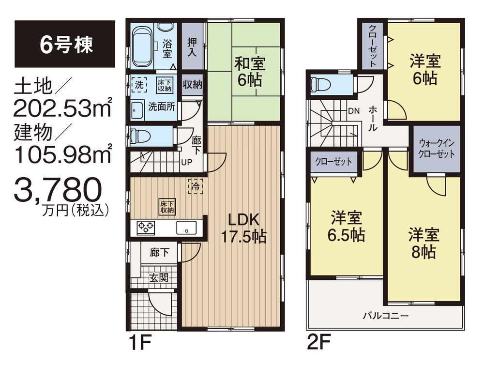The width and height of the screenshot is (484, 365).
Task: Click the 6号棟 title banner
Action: (64, 44)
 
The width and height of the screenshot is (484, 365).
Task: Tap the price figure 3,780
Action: (58, 191)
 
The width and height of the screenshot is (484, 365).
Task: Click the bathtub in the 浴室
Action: (142, 46)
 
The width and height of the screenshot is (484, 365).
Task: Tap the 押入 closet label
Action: (192, 47)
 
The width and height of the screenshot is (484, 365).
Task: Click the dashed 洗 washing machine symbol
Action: (139, 84)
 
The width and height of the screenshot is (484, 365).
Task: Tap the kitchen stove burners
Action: (146, 227)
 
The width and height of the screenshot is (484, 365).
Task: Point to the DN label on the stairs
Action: (354, 110)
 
